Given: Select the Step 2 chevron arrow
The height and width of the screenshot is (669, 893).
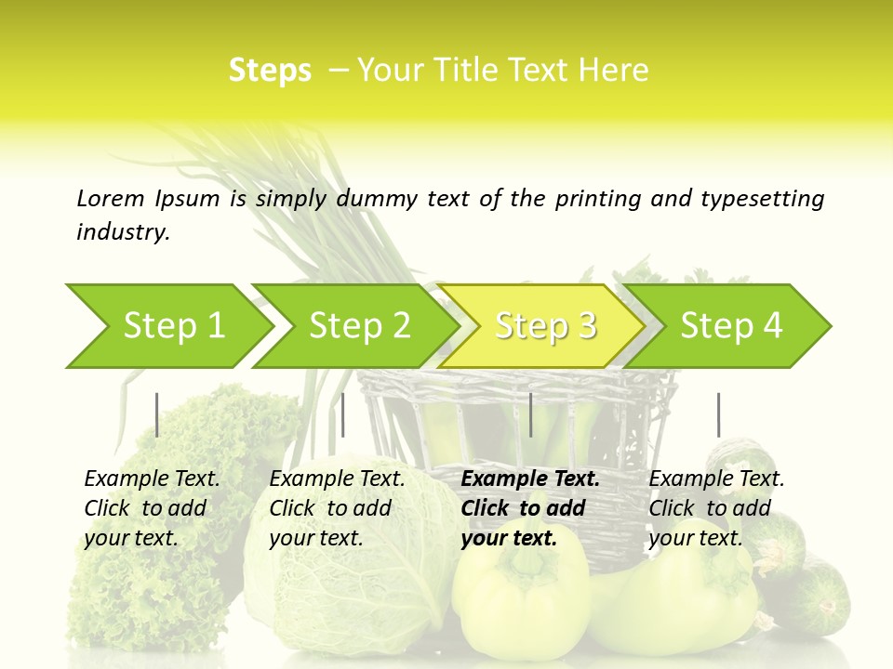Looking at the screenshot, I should point(358,326).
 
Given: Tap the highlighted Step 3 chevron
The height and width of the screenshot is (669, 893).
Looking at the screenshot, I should point(544,326).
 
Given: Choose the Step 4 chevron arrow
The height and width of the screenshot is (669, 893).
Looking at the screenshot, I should point(730,326).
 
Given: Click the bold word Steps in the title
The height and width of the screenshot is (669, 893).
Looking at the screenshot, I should point(270,71).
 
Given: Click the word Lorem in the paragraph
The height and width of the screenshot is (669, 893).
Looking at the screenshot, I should point(110,198).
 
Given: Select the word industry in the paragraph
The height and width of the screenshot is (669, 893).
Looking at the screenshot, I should point(122,232).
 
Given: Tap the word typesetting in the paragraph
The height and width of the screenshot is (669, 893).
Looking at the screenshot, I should point(762,199).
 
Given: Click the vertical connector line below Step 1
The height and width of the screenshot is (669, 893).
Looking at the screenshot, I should point(156,414).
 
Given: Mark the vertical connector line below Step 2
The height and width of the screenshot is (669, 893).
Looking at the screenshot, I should point(343,414).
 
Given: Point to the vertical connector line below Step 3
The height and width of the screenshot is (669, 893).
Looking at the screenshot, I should point(530,414).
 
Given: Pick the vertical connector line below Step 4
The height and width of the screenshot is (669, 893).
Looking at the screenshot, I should point(718,414).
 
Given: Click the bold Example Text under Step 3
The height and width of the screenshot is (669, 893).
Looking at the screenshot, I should point(530,479).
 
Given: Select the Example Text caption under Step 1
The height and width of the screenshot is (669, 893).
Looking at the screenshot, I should point(152,479).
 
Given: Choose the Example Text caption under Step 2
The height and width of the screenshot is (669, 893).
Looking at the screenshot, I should point(337,479).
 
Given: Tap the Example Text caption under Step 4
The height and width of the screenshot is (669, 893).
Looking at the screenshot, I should point(716,479).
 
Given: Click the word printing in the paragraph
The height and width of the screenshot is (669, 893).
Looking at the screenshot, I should point(600,199).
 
